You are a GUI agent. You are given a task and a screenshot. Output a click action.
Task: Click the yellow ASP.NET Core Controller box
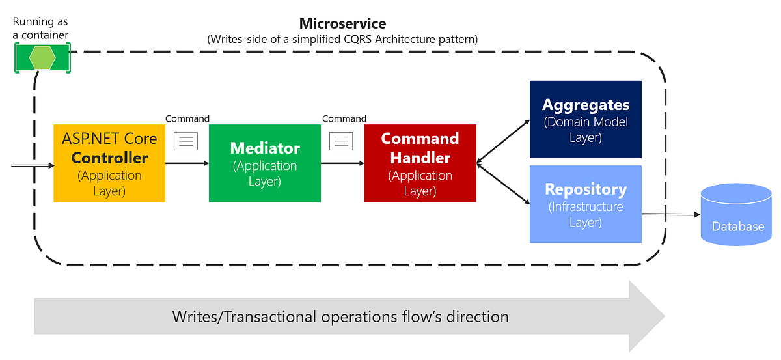coord(109,163)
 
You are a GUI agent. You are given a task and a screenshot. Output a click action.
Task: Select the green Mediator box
coord(264,163)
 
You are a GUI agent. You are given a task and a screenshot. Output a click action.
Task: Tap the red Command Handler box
coord(420,163)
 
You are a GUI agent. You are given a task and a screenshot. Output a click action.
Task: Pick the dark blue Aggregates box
coord(585,119)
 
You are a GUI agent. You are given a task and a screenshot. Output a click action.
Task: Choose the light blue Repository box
coord(585,204)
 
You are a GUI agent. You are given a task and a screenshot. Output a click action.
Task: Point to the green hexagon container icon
coord(42,58)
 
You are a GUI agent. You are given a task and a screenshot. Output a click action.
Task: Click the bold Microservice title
coord(342,24)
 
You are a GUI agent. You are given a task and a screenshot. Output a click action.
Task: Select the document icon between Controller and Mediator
coord(185,141)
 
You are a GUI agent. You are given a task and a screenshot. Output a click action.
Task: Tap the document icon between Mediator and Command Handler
coord(341,141)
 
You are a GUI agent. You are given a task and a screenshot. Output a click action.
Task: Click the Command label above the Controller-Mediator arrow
coord(187,118)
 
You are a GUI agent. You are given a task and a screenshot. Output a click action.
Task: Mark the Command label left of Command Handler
coord(344,118)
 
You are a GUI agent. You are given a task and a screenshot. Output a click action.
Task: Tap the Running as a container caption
coord(40,29)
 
